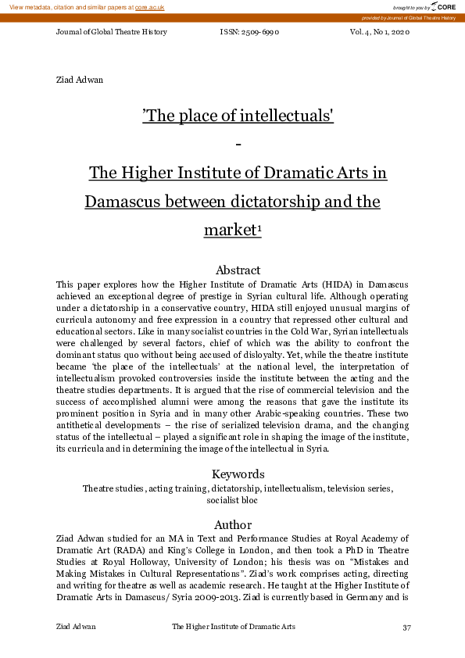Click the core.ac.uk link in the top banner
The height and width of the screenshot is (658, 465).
[x=149, y=7]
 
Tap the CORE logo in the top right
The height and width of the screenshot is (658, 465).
[x=443, y=7]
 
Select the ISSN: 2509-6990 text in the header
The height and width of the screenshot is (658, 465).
[x=250, y=32]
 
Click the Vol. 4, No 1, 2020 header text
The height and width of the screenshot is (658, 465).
[x=379, y=32]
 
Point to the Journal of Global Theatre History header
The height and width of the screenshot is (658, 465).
[x=112, y=32]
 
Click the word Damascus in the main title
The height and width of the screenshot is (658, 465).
[x=118, y=202]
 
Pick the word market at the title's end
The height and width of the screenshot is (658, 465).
[x=229, y=231]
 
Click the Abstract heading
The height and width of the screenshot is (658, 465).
[x=232, y=270]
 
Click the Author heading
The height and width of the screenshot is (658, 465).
[x=232, y=524]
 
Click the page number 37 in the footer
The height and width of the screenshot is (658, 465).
[x=406, y=628]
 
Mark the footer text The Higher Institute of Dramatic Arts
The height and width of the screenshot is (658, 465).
[x=234, y=628]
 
